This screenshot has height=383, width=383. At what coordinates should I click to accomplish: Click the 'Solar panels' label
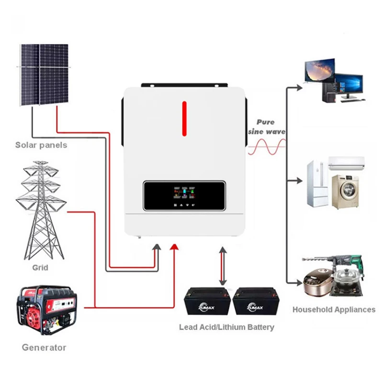pyautogui.click(x=41, y=145)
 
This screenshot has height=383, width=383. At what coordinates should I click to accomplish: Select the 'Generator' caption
pyautogui.click(x=44, y=347)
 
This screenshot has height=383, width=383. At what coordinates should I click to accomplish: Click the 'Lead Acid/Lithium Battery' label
pyautogui.click(x=226, y=327)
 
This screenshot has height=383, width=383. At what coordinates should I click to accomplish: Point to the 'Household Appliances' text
pyautogui.click(x=334, y=309)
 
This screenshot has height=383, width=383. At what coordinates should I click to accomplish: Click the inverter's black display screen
pyautogui.click(x=184, y=195)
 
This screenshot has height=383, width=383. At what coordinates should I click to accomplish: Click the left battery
pyautogui.click(x=208, y=301)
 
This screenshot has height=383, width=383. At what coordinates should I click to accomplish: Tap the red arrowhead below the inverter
pyautogui.click(x=175, y=247)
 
